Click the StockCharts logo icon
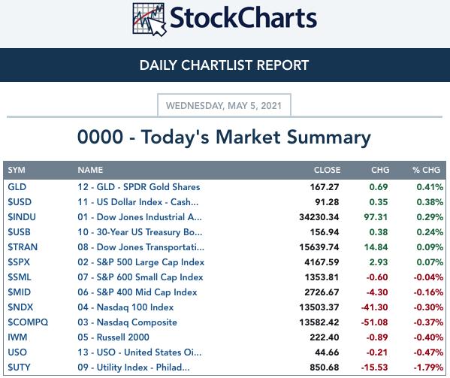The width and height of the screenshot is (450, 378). [149, 20]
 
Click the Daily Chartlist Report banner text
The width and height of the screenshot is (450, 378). [224, 65]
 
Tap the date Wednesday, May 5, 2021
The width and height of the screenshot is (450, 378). [224, 106]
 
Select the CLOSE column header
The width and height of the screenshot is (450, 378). [327, 170]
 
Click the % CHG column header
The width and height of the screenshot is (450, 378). [426, 170]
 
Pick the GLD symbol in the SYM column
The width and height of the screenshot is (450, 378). [17, 187]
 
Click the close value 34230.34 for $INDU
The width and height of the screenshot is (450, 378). [319, 217]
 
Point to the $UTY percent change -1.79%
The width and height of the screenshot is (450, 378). [428, 367]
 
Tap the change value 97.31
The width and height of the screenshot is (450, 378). [376, 217]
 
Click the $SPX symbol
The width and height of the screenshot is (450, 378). [19, 262]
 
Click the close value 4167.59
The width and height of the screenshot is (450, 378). [322, 262]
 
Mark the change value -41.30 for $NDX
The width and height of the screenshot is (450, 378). [374, 307]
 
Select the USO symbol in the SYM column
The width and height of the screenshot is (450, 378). [17, 352]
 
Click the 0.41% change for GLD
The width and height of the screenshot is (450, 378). [430, 187]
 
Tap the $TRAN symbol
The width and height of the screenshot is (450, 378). [23, 247]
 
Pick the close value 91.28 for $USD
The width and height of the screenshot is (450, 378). [327, 202]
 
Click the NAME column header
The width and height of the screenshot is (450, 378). [90, 170]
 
